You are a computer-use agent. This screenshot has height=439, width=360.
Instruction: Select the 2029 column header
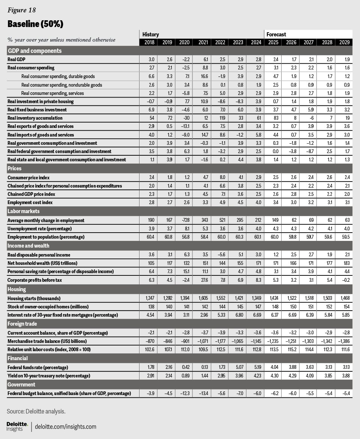pyautogui.click(x=343, y=42)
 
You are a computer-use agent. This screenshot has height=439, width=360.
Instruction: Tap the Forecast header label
pyautogui.click(x=276, y=34)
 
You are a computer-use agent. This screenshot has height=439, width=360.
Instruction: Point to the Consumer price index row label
pyautogui.click(x=28, y=177)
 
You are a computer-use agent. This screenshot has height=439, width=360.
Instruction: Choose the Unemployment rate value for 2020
pyautogui.click(x=184, y=229)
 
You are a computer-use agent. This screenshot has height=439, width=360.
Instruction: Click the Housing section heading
pyautogui.click(x=17, y=289)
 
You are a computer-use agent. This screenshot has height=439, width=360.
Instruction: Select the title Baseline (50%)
pyautogui.click(x=35, y=24)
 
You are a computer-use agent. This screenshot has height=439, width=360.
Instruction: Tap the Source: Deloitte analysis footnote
pyautogui.click(x=36, y=411)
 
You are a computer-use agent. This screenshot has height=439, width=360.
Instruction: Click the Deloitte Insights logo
pyautogui.click(x=17, y=426)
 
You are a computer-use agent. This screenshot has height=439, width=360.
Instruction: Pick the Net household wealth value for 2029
pyautogui.click(x=344, y=263)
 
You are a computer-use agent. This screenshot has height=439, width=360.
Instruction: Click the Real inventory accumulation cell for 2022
pyautogui.click(x=220, y=118)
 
